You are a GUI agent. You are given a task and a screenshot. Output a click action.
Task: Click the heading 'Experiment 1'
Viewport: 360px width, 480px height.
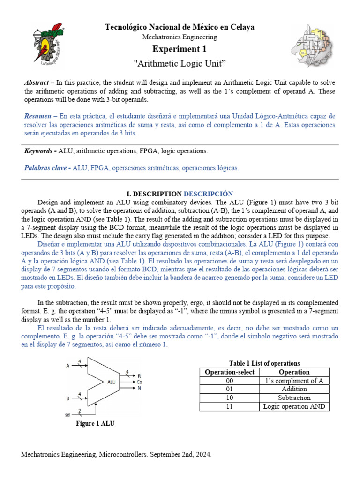tap(180, 49)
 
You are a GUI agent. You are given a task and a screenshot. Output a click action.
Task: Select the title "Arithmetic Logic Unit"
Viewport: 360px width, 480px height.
tap(180, 62)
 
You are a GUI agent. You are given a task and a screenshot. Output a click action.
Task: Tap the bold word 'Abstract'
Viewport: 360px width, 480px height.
tap(36, 82)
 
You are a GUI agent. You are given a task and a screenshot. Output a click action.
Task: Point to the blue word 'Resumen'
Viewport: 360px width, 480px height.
tap(38, 115)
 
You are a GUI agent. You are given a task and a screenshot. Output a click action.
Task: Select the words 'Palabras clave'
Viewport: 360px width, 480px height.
tap(45, 168)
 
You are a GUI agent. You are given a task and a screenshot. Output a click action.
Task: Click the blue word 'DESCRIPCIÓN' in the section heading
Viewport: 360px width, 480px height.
tap(208, 194)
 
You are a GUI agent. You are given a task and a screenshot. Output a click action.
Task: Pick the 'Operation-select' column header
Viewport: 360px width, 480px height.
tap(229, 372)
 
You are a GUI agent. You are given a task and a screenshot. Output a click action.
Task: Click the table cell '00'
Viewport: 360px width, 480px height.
tap(229, 381)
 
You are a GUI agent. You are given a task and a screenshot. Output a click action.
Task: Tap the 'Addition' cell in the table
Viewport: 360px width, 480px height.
tap(294, 389)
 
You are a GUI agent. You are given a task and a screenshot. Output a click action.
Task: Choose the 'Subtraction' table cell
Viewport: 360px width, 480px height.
tap(294, 397)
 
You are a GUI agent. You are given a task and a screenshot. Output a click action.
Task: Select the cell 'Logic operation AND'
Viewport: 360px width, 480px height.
tap(294, 406)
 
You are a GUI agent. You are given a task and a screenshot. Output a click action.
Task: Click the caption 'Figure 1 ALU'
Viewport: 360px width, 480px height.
tap(95, 424)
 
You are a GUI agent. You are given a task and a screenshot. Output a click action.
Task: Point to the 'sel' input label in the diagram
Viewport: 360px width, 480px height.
tap(68, 414)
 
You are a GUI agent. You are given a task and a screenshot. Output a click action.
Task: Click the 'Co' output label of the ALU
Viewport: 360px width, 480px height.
tap(139, 382)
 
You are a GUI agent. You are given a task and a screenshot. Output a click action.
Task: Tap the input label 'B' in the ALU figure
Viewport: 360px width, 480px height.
tap(68, 398)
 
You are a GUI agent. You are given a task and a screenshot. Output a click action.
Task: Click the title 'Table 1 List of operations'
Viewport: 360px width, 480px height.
tap(264, 363)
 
